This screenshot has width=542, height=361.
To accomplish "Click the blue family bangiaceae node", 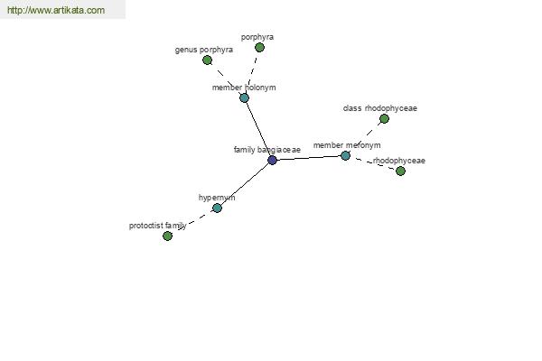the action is pos(273,160).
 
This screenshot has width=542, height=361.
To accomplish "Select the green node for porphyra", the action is pos(259,47).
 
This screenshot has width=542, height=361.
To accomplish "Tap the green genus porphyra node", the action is pos(208,60).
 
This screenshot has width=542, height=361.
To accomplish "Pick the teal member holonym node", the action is pos(245,97).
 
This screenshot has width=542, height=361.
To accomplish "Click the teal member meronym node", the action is pos(345,155).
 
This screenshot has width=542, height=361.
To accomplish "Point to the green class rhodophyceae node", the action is pos(384,119).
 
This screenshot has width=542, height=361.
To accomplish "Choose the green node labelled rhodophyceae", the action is pos(400,171).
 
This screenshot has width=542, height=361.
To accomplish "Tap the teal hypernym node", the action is pos(217,208).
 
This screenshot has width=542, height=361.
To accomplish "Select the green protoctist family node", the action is pos(168,236).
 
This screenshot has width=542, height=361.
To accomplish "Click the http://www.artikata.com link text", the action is pos(56,10).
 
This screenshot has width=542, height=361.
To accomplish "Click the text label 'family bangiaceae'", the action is pos(267,150).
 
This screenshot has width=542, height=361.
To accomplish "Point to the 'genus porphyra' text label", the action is pos(204,50).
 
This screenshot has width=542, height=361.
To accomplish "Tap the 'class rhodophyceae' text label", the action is pos(380,108).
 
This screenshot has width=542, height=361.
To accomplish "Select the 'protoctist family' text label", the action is pos(157,226).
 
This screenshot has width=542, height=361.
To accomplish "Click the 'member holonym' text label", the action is pos(244,88).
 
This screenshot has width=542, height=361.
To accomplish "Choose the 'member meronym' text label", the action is pos(347,145).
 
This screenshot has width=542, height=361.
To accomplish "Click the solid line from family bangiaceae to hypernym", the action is pos(245,184).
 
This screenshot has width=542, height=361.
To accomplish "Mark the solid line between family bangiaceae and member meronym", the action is pos(309,158).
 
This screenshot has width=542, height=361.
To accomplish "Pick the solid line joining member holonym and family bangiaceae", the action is pos(258,129).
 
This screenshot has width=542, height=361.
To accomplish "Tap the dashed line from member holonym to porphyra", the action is pos(252,72).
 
